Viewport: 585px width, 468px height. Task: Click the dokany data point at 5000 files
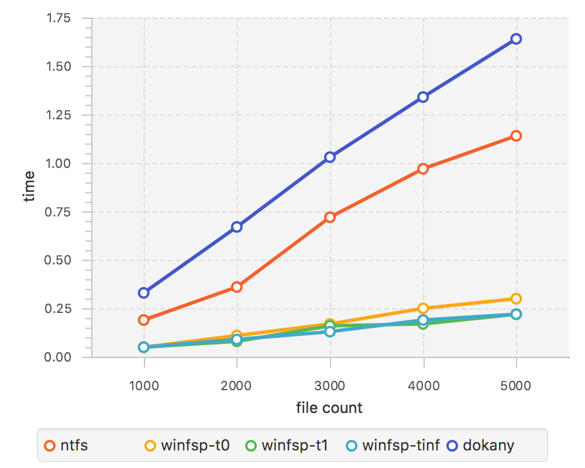pos(516,39)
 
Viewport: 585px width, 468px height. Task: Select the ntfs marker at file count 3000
pos(330,217)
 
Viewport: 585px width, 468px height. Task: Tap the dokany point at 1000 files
pos(144,292)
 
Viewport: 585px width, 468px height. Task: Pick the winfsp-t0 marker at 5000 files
pos(516,299)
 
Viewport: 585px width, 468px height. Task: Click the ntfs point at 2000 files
pos(237,287)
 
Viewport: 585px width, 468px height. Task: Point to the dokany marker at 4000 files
pos(423,97)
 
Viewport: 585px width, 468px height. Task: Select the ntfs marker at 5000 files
pos(516,136)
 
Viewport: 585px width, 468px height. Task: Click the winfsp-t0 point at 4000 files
pos(423,308)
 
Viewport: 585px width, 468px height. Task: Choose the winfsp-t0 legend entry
pos(187,446)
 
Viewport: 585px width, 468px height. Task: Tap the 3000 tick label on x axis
pos(330,386)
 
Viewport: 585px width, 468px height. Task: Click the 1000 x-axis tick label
pos(144,386)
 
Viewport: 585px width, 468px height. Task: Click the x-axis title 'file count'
pos(329,408)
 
